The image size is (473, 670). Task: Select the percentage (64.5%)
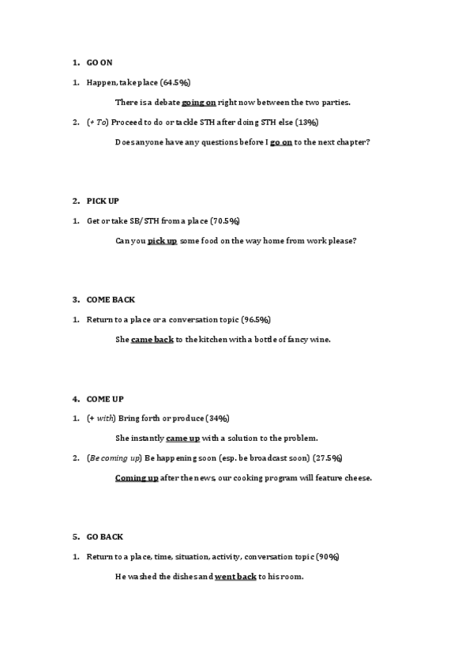175,82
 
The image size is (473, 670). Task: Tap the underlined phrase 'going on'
199,102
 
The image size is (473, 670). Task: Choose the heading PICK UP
103,201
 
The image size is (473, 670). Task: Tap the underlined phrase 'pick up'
163,241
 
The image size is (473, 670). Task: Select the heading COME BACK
111,300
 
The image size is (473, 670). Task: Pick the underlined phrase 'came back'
152,340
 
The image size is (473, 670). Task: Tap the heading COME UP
105,399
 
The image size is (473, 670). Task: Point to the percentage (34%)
218,418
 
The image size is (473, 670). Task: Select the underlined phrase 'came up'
182,438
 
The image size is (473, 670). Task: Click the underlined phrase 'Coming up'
137,478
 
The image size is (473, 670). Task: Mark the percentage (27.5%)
328,458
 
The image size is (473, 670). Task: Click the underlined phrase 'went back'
235,577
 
